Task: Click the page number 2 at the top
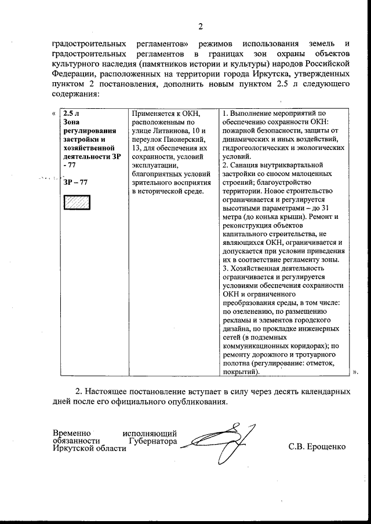point(201,26)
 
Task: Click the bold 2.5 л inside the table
point(72,113)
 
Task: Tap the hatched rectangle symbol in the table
point(75,203)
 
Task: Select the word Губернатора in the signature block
point(152,441)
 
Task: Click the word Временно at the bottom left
point(72,433)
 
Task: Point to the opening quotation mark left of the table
point(54,113)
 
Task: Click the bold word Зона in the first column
point(71,122)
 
